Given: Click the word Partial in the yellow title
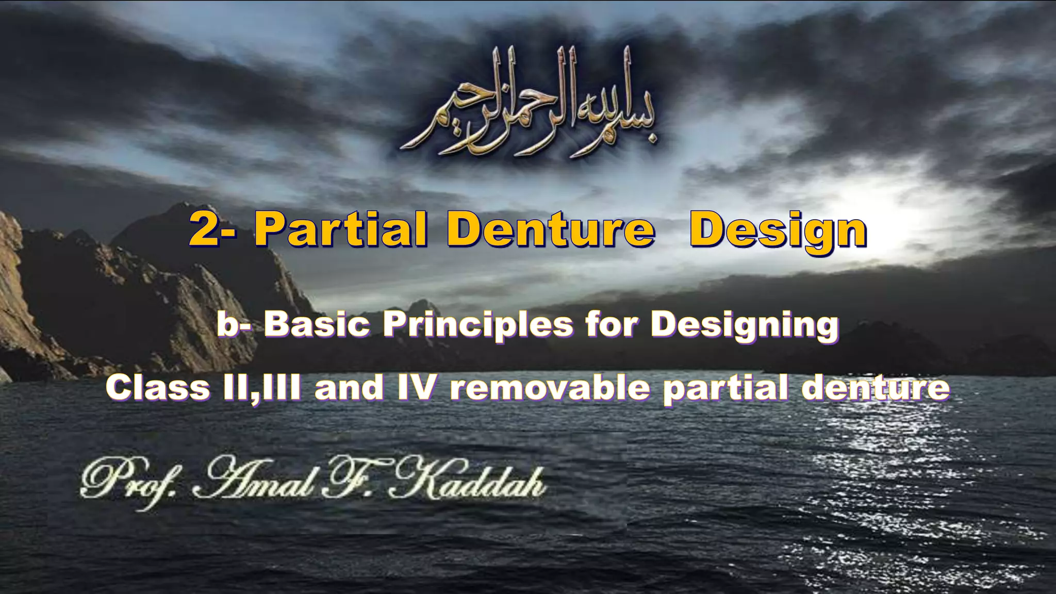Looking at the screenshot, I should tap(340, 230).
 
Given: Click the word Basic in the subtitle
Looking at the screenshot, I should tap(317, 325).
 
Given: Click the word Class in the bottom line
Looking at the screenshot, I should tap(158, 388).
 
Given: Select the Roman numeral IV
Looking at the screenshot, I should tap(417, 388).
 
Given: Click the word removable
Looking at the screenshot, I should tap(550, 388).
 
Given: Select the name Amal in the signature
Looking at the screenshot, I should tap(253, 480).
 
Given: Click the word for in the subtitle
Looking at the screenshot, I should tap(612, 325).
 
